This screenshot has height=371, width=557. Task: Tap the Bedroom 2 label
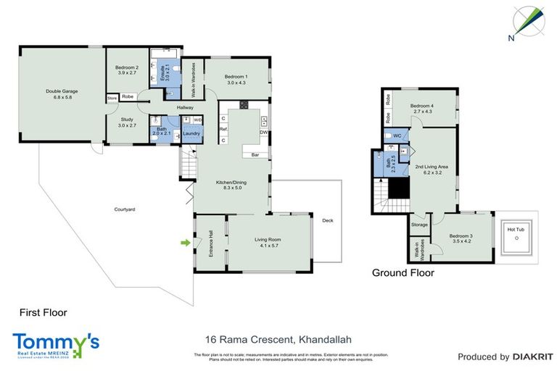[127, 70]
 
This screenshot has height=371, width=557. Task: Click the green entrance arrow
[185, 243]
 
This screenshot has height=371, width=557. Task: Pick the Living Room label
[268, 243]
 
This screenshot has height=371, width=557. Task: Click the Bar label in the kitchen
[255, 155]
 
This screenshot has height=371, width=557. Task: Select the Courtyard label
[125, 209]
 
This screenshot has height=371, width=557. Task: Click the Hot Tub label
[516, 230]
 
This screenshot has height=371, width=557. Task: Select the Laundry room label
[191, 133]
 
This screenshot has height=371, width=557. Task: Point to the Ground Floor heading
[403, 273]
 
